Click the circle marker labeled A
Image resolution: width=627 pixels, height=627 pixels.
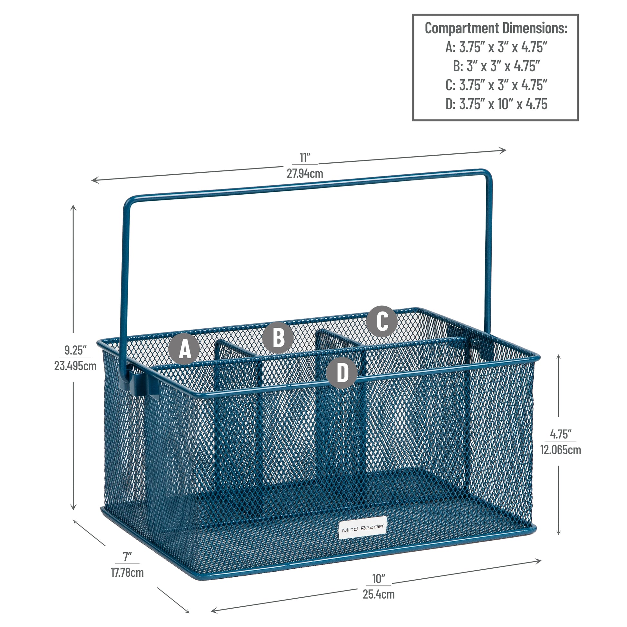click(x=184, y=349)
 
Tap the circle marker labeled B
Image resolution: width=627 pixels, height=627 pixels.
click(x=278, y=337)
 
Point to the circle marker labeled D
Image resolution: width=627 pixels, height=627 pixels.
click(x=342, y=372)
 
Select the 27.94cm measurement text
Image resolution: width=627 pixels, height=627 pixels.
click(x=305, y=174)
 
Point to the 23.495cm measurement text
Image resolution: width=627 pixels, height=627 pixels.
click(x=75, y=366)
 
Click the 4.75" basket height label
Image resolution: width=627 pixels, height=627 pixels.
click(x=561, y=434)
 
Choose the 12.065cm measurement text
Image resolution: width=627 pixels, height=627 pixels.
click(x=561, y=450)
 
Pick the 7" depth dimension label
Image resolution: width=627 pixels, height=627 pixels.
click(x=127, y=557)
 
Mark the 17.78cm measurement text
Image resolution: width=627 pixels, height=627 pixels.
click(x=127, y=573)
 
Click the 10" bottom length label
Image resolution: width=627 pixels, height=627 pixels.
click(x=379, y=579)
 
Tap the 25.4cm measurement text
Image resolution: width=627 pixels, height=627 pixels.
click(x=379, y=594)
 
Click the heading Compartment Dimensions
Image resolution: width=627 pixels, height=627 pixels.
click(x=496, y=28)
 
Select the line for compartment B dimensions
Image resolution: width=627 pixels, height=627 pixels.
click(x=496, y=66)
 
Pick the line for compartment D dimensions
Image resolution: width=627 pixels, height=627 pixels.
click(x=496, y=104)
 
